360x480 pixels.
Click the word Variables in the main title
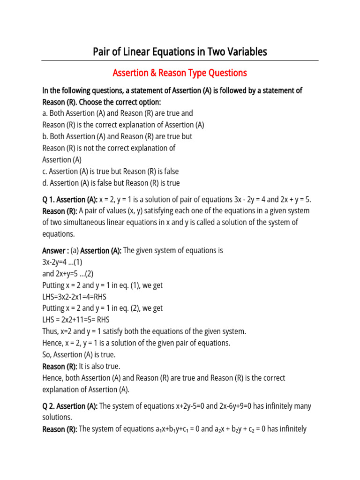244,52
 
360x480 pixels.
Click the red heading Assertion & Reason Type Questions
180,73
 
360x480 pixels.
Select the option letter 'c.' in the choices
45,172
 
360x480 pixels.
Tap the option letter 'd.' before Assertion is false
45,183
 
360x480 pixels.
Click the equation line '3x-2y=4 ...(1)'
62,262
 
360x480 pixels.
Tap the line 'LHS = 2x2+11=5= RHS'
76,320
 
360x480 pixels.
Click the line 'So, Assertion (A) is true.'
79,355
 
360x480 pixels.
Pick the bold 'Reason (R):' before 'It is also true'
60,366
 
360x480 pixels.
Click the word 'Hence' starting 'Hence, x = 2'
52,343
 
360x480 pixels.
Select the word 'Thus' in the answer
50,331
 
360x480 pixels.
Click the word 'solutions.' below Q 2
57,417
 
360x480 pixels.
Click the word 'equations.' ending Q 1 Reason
59,234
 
